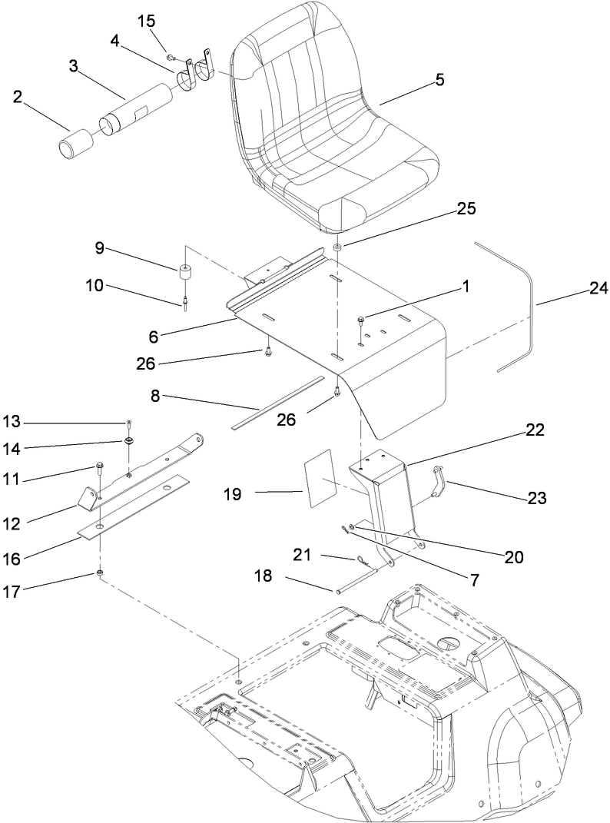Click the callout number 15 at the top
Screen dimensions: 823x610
[147, 22]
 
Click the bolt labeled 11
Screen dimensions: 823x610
[100, 466]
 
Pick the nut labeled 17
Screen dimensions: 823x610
[100, 573]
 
